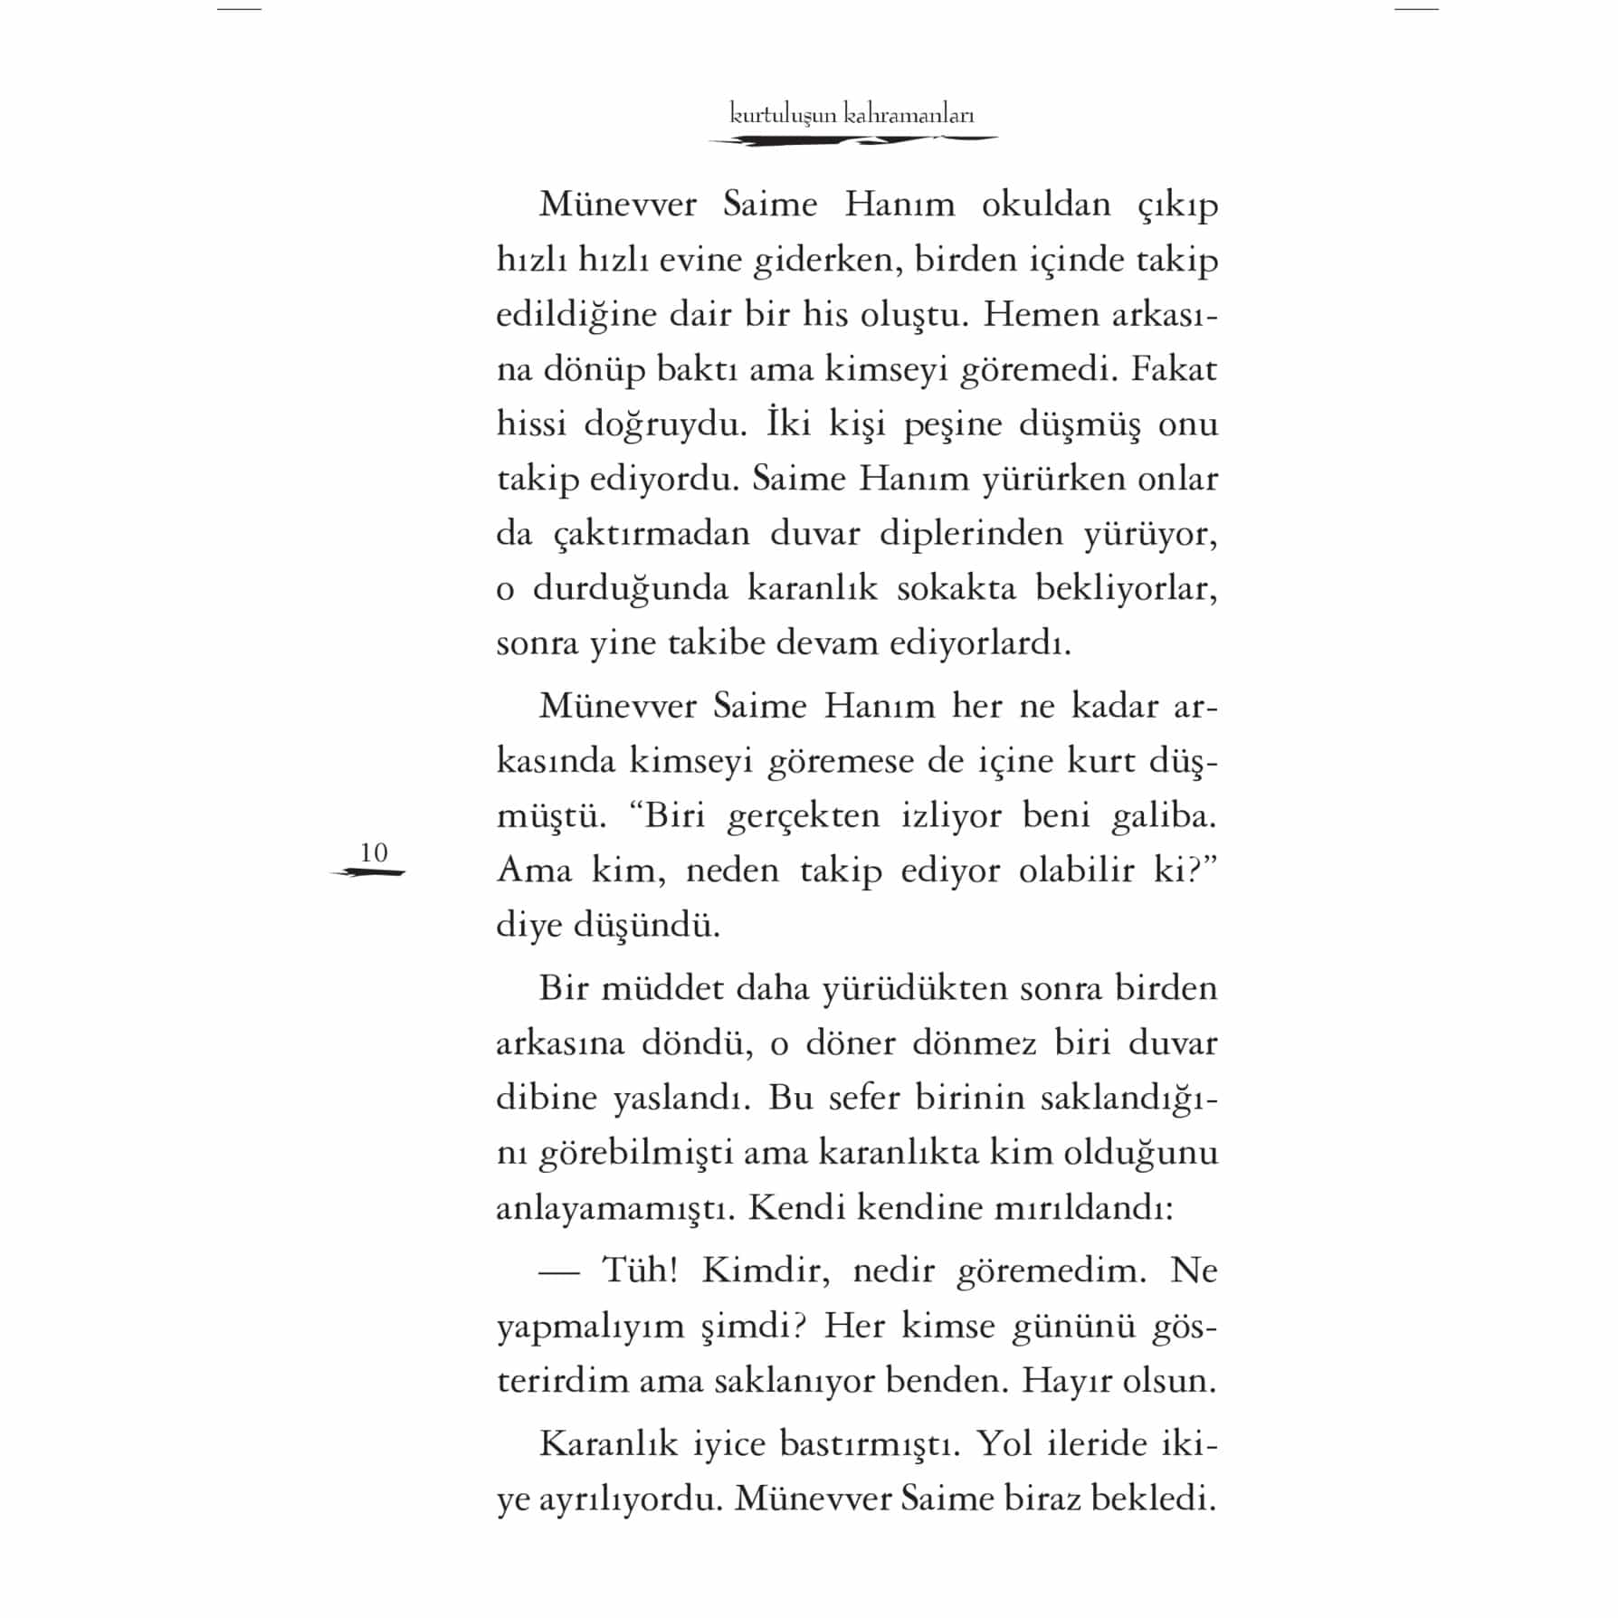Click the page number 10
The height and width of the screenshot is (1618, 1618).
[374, 852]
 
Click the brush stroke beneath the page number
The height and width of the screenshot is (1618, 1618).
[368, 873]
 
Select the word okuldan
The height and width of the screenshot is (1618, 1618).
[1046, 205]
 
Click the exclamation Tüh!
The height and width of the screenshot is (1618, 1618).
[641, 1271]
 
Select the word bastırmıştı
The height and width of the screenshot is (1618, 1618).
[869, 1443]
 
